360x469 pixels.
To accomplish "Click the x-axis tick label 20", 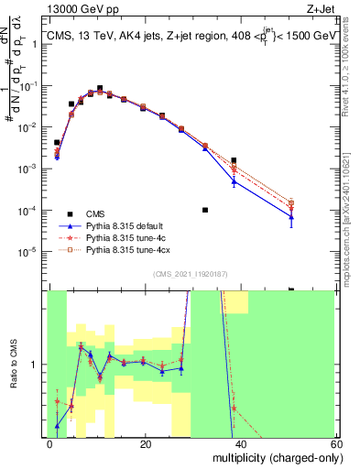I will click(146, 443).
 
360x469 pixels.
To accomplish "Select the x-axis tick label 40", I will click(241, 443).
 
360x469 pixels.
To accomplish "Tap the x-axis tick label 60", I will click(336, 443).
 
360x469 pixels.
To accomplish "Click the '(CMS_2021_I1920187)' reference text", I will click(191, 273).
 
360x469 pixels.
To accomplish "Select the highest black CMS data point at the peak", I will click(100, 88).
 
